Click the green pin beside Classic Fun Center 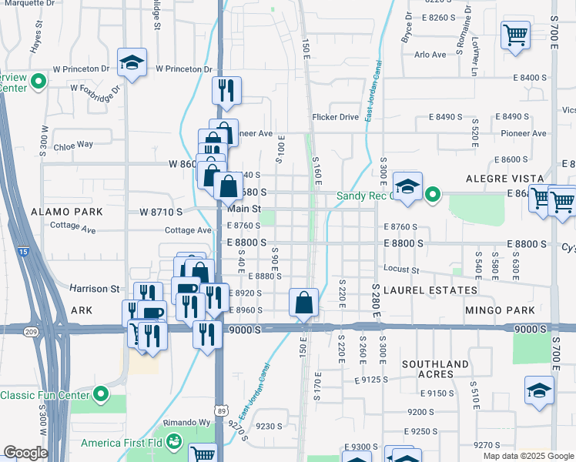point(101,395)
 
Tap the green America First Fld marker point(174,441)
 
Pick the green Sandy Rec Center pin point(433,195)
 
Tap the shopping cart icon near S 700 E point(514,34)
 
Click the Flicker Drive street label point(335,117)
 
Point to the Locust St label point(400,270)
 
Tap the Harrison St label point(95,289)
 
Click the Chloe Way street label point(73,144)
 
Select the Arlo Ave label point(430,55)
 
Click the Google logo point(26,453)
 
